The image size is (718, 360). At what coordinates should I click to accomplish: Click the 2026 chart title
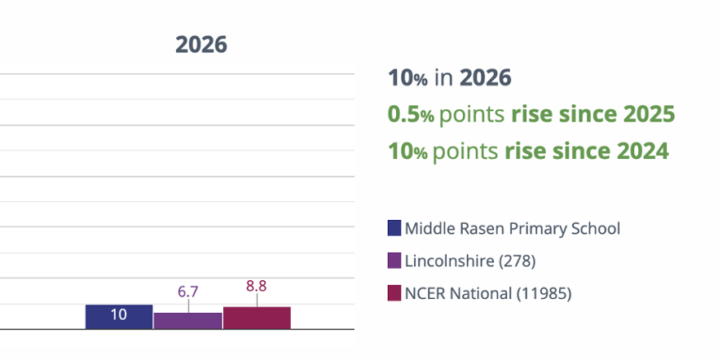click(x=201, y=45)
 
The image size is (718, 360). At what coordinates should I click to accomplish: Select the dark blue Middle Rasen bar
click(x=119, y=317)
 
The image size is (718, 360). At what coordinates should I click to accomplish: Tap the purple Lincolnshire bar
click(x=187, y=321)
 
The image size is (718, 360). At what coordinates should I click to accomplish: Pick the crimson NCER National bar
click(x=257, y=318)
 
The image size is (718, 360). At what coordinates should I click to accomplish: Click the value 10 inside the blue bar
click(x=119, y=314)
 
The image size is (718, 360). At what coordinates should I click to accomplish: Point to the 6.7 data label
click(x=187, y=292)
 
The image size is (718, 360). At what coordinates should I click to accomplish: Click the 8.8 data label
click(x=257, y=286)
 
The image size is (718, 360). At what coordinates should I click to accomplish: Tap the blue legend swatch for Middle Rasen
click(x=394, y=228)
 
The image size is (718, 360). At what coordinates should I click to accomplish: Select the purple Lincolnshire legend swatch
click(x=394, y=261)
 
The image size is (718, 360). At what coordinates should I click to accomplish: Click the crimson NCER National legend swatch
click(x=394, y=292)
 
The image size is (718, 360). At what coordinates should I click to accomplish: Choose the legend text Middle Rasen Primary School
click(x=513, y=228)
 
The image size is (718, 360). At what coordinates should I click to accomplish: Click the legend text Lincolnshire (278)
click(x=470, y=261)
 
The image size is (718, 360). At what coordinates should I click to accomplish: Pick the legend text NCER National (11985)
click(x=488, y=293)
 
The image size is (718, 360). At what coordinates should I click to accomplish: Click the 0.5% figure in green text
click(x=411, y=114)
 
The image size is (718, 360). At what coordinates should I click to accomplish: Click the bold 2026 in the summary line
click(x=486, y=77)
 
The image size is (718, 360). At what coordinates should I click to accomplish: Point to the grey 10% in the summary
click(x=407, y=77)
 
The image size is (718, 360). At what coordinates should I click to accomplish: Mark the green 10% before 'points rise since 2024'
click(x=407, y=151)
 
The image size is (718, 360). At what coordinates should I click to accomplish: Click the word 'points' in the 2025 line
click(x=472, y=115)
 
